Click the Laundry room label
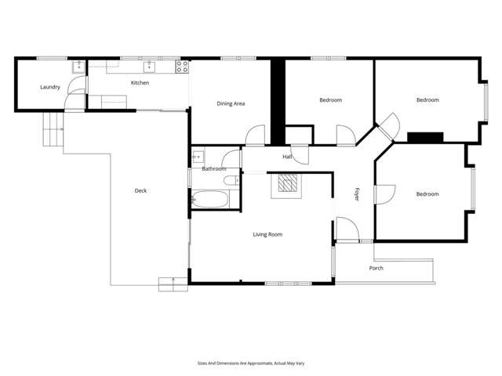[x=50, y=87]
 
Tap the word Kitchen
[x=140, y=82]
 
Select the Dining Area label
[x=231, y=103]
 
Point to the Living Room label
[x=267, y=234]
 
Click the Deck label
[x=140, y=190]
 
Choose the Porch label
[x=376, y=268]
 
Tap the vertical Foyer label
[x=356, y=194]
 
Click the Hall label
[x=288, y=157]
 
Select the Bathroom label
[x=214, y=169]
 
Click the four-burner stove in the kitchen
[x=183, y=67]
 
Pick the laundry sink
[x=78, y=67]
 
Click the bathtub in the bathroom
[x=209, y=199]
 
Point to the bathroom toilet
[x=231, y=182]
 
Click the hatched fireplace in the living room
[x=286, y=185]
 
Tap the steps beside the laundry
[x=52, y=129]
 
